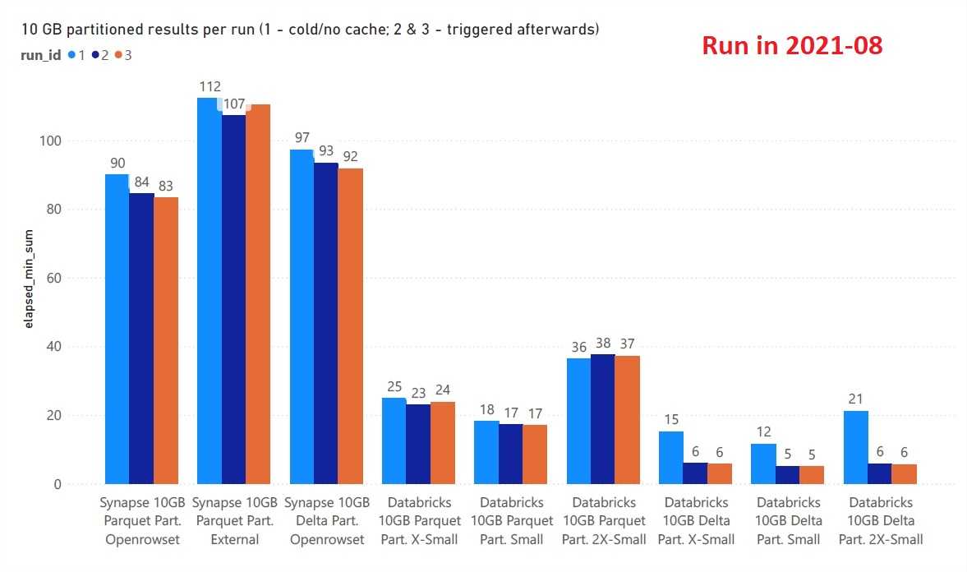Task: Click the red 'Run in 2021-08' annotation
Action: point(792,46)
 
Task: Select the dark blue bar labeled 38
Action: point(603,419)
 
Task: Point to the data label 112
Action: point(210,86)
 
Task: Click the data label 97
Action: point(302,138)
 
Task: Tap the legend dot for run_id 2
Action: point(95,55)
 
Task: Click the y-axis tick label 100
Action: point(51,141)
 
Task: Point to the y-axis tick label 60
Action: point(54,278)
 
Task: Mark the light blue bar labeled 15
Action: point(671,457)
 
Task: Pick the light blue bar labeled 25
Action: point(394,441)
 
